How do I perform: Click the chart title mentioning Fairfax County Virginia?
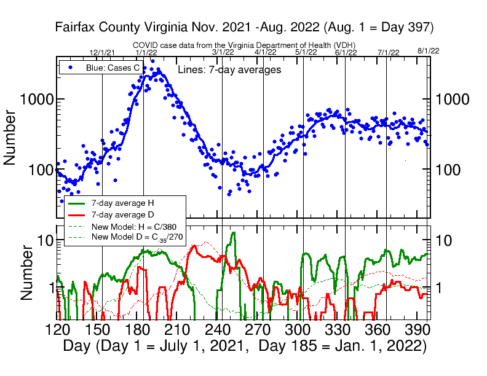pyautogui.click(x=245, y=27)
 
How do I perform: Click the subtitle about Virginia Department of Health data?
pyautogui.click(x=245, y=45)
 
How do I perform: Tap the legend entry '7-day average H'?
pyautogui.click(x=118, y=202)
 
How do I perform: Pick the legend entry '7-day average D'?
pyautogui.click(x=118, y=214)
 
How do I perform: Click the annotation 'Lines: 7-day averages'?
pyautogui.click(x=229, y=70)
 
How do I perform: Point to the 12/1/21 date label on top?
pyautogui.click(x=102, y=53)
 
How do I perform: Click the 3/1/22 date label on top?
pyautogui.click(x=223, y=53)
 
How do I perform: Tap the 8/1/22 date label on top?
pyautogui.click(x=428, y=50)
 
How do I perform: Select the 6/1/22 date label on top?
pyautogui.click(x=346, y=53)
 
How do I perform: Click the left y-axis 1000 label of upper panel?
pyautogui.click(x=36, y=99)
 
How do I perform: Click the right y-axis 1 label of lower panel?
pyautogui.click(x=441, y=286)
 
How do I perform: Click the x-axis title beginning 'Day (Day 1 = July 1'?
pyautogui.click(x=245, y=346)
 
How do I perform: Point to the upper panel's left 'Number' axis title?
pyautogui.click(x=10, y=137)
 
